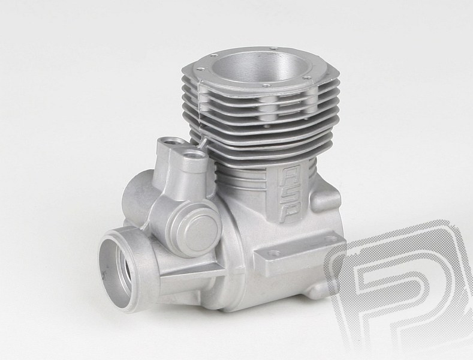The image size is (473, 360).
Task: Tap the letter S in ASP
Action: click(x=288, y=196)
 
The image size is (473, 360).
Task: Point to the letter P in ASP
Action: click(x=288, y=213)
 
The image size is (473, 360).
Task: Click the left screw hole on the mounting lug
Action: click(x=273, y=253)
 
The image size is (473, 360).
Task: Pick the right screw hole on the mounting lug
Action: click(x=327, y=239)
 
